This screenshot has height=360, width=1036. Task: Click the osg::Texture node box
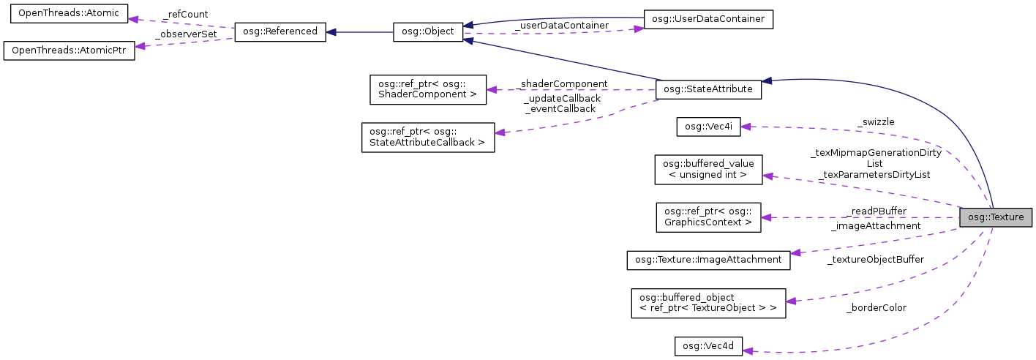tap(996, 217)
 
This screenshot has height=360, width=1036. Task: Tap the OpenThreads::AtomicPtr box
tap(70, 51)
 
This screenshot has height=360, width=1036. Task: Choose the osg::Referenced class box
tap(279, 32)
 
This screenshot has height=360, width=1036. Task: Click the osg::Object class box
tap(428, 32)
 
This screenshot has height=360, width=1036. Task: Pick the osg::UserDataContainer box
tap(707, 19)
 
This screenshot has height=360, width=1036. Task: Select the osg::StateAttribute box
tap(709, 89)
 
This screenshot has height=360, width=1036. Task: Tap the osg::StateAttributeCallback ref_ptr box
tap(428, 137)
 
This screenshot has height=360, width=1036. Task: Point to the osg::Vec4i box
tap(708, 126)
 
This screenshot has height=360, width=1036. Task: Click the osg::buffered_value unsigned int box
tap(708, 169)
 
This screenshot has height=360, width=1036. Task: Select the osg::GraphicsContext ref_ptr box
tap(708, 217)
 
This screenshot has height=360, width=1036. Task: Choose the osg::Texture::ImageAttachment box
tap(708, 260)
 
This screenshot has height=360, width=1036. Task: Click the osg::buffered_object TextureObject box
tap(708, 303)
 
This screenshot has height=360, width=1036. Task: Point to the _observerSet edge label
tap(186, 34)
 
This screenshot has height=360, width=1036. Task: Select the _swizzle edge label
tap(875, 121)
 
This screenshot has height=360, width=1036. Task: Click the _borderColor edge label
tap(876, 308)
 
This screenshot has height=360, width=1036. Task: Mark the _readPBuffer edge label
tap(874, 211)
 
